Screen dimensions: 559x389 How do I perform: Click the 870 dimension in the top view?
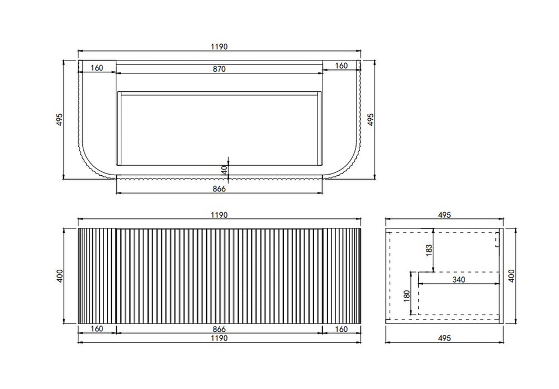click(219, 69)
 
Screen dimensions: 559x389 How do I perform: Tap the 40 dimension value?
click(224, 170)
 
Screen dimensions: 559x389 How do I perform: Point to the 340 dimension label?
click(459, 280)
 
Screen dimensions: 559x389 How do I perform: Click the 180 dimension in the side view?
click(408, 296)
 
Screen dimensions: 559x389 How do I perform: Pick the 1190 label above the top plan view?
click(219, 47)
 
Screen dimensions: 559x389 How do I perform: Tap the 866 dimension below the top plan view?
click(219, 189)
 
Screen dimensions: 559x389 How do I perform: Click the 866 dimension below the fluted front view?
click(219, 329)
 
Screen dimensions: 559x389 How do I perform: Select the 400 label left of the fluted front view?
click(60, 276)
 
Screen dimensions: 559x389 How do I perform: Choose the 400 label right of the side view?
click(511, 276)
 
